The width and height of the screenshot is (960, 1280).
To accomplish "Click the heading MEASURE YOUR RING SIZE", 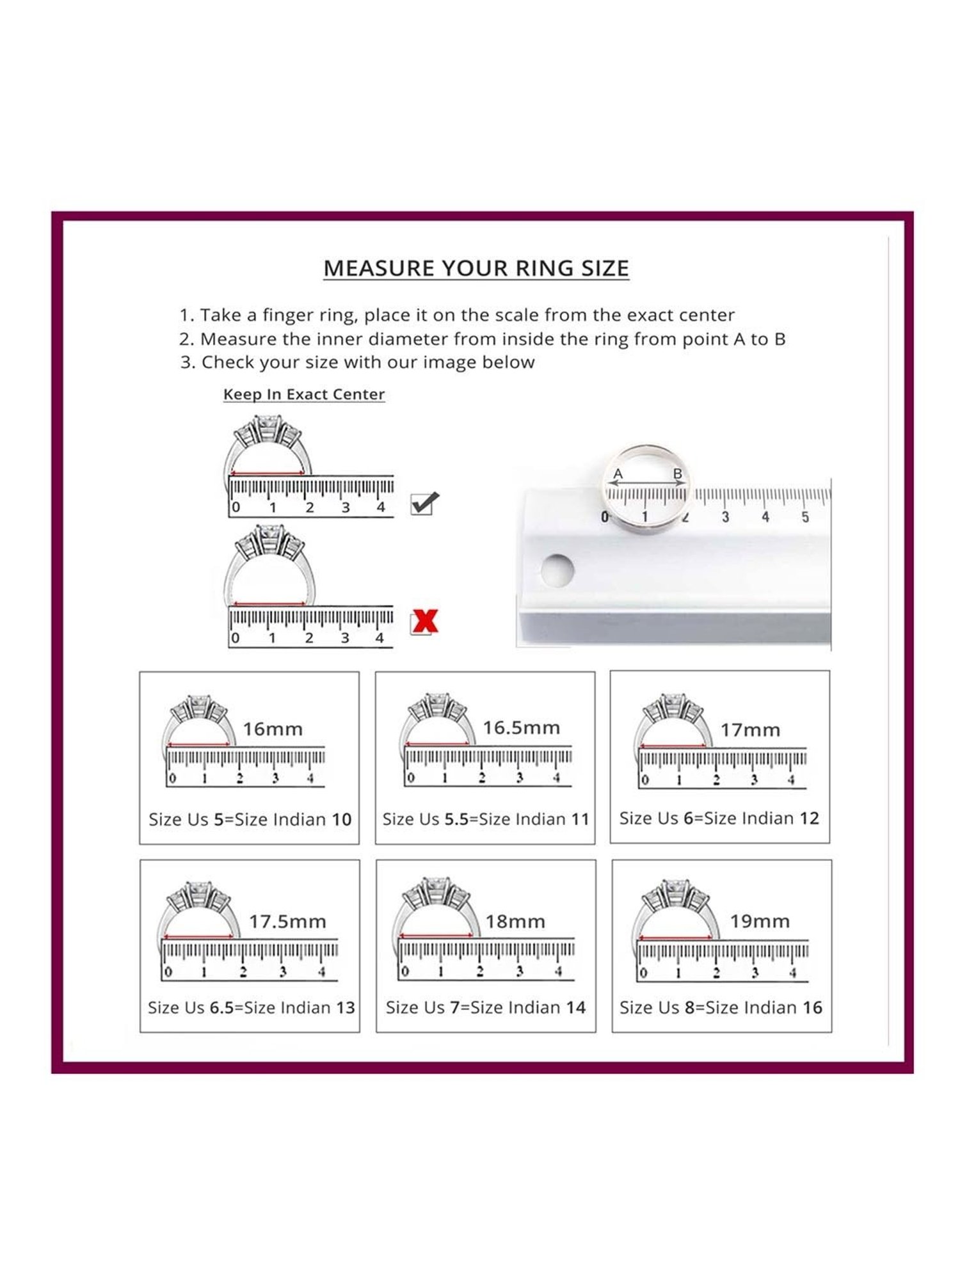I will (476, 268).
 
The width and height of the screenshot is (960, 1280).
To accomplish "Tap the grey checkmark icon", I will (424, 503).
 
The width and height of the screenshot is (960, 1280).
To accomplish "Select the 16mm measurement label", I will (273, 729).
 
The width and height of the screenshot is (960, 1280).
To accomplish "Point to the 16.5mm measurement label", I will (521, 728).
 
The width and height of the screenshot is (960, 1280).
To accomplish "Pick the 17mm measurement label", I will (750, 730).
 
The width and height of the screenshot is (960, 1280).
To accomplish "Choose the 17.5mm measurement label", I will (287, 922).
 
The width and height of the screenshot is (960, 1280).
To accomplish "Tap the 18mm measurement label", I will (515, 922).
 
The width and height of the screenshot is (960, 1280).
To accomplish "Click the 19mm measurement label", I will (760, 922).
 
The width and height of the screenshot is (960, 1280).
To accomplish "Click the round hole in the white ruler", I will (557, 569).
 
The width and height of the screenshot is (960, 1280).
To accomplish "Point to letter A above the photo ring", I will (618, 474).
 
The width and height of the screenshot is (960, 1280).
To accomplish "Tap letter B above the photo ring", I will (678, 474).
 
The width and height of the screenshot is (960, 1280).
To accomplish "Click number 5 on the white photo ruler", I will (805, 516).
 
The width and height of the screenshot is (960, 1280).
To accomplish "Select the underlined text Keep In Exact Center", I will (304, 394).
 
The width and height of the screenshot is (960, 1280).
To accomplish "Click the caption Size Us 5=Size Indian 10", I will (250, 820).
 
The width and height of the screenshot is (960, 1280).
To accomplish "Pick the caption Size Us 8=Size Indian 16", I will (721, 1008).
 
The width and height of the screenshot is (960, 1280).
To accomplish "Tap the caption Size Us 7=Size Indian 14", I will (486, 1008).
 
